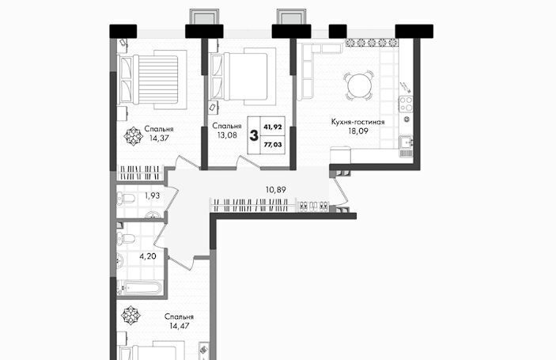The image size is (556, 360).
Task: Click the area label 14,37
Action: click(159, 138)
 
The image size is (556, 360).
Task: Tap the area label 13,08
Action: click(227, 135)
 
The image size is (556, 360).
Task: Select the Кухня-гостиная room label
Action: click(357, 122)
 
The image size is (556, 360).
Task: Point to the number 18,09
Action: click(358, 131)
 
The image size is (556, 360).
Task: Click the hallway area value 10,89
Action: click(275, 190)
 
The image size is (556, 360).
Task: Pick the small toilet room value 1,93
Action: click(152, 195)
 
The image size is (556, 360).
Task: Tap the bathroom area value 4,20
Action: click(148, 256)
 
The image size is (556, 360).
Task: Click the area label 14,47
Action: click(180, 326)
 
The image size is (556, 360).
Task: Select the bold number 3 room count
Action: click(254, 135)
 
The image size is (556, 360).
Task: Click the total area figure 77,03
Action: click(273, 144)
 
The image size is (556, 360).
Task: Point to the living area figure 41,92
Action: click(273, 127)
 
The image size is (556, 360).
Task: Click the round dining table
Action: click(359, 85)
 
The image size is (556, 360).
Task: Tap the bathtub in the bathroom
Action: click(140, 287)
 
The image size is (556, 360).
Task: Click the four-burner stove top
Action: click(406, 104)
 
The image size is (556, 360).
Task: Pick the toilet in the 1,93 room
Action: click(125, 199)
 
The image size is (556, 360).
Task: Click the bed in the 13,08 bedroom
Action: click(243, 76)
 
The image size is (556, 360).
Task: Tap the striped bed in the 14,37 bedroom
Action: click(153, 79)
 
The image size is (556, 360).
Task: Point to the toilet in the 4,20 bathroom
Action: click(126, 239)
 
